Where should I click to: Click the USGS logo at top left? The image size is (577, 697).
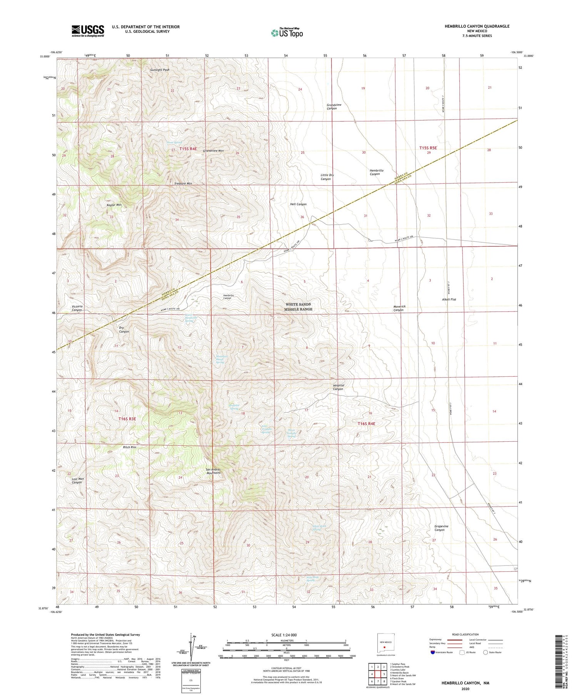click(88, 31)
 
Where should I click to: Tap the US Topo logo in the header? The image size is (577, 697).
click(287, 33)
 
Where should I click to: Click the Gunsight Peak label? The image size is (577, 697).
click(160, 70)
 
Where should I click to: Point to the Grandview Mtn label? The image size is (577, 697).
click(213, 151)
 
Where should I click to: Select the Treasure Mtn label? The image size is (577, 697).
click(183, 184)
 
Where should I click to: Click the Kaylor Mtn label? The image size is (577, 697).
click(114, 205)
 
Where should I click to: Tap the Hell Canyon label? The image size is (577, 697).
click(298, 205)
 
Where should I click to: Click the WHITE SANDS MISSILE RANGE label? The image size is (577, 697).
click(299, 307)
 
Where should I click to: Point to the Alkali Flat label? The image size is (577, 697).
click(449, 299)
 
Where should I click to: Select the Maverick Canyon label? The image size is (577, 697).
click(399, 308)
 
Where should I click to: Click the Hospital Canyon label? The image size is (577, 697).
click(338, 387)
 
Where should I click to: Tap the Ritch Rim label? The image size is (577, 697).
click(129, 447)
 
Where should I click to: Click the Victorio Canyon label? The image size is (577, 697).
click(77, 308)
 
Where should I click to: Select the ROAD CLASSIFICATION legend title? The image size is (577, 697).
click(465, 634)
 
